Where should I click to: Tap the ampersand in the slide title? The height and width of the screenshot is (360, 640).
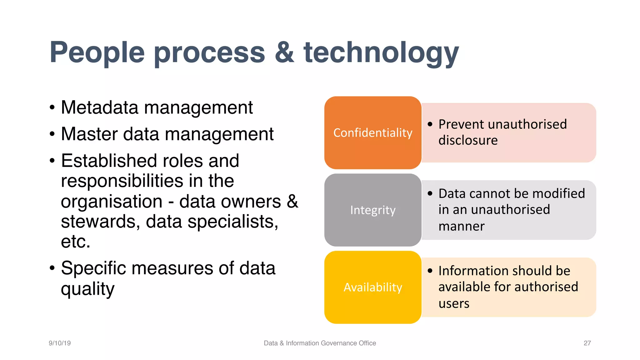tap(284, 52)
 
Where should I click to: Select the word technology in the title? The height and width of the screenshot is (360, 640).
tap(381, 53)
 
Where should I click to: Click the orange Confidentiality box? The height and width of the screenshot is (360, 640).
tap(373, 133)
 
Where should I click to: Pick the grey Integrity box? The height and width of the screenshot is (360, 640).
tap(373, 210)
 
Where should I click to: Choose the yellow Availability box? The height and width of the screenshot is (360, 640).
tap(373, 287)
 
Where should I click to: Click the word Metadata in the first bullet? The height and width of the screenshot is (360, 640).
tap(99, 107)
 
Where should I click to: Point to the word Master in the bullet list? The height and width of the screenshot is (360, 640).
tap(89, 134)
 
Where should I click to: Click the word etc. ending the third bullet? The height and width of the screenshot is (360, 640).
tap(75, 242)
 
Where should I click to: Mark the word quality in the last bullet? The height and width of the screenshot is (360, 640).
tap(87, 289)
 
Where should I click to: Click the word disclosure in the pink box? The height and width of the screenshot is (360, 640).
tap(468, 140)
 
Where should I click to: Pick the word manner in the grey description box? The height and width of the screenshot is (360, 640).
tap(461, 226)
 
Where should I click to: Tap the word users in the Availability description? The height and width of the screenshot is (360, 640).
tap(454, 303)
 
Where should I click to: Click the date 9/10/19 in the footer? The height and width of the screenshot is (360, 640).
tap(60, 343)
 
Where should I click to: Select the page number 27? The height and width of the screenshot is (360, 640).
tap(587, 343)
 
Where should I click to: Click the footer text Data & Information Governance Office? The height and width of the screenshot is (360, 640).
tap(320, 343)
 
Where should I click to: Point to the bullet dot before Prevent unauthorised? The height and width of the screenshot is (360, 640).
tap(430, 124)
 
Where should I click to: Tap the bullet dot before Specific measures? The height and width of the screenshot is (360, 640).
tap(52, 268)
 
